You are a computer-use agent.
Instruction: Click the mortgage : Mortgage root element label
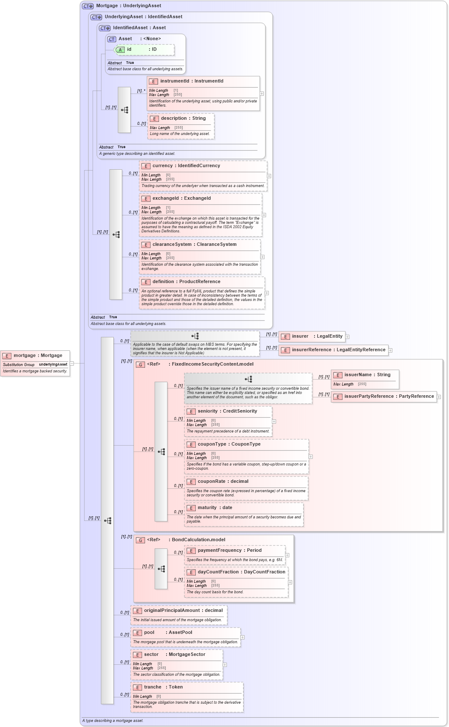pos(38,355)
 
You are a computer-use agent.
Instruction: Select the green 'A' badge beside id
pos(120,50)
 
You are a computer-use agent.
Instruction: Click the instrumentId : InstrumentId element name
pos(192,81)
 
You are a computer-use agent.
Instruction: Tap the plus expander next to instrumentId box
pos(262,94)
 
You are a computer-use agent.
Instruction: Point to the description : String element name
pos(183,118)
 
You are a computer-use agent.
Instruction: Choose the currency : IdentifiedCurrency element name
pos(186,166)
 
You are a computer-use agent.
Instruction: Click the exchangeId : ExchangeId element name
pos(181,198)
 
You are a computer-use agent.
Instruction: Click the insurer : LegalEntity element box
pos(312,336)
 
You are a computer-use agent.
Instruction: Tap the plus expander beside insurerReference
pos(391,350)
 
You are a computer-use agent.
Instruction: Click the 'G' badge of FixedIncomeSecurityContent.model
pos(140,364)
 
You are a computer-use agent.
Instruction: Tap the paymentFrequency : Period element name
pos(230,551)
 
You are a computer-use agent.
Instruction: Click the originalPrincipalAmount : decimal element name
pos(183,611)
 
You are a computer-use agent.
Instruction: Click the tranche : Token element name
pos(163,687)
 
